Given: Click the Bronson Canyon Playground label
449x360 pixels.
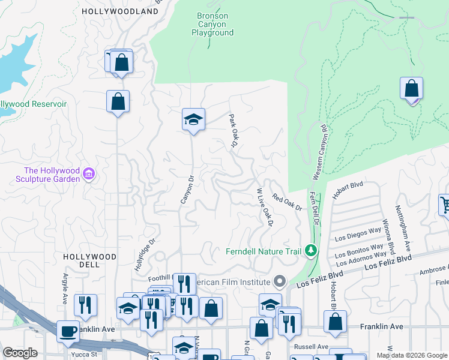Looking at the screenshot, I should (212, 24).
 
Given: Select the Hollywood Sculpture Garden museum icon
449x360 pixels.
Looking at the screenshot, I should (89, 174).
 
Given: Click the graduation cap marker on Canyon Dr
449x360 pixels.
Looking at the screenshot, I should (194, 120).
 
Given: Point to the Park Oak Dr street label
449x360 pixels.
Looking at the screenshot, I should (233, 130).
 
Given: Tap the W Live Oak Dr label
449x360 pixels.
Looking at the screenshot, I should (265, 208).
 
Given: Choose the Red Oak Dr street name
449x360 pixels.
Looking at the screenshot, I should (287, 202).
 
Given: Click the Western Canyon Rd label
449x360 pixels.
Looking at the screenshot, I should (319, 152).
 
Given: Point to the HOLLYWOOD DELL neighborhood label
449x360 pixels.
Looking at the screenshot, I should (90, 260).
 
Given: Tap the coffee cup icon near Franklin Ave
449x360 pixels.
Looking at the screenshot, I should (67, 331).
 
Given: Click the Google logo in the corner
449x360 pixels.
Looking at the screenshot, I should (19, 353).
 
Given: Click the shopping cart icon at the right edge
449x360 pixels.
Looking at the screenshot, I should (445, 205).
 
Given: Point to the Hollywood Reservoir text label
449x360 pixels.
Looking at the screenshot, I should (33, 104).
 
